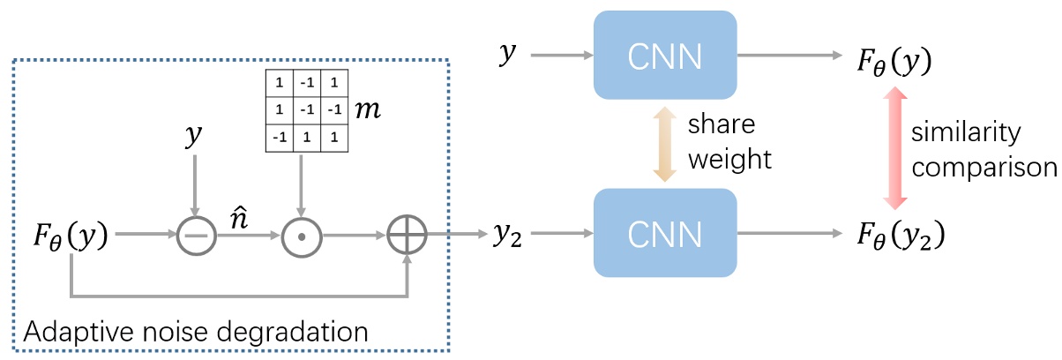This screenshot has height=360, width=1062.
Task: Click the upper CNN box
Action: coord(665,55)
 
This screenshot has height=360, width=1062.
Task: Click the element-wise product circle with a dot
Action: coord(302,235)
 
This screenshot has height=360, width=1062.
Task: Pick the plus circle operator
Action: coord(407,235)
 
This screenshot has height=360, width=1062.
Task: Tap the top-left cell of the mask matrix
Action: coord(278,83)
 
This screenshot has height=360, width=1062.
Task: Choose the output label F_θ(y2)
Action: coord(903,235)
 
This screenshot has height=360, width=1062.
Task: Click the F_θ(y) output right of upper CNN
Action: coord(895,58)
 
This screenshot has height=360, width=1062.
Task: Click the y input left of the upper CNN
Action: coord(506,56)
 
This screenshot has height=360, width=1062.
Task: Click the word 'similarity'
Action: coord(966,133)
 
